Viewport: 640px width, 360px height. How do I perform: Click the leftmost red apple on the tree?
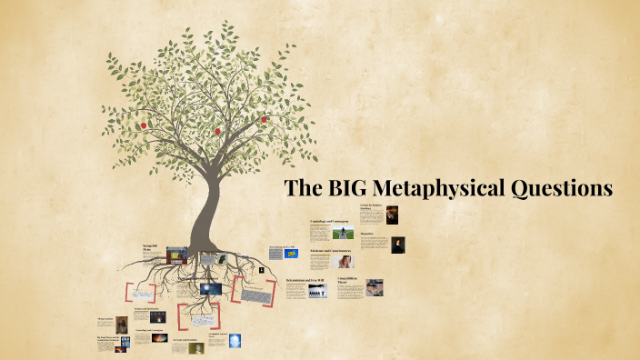144,125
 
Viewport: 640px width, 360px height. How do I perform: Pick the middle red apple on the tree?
218,131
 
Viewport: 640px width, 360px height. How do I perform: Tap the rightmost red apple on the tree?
265,119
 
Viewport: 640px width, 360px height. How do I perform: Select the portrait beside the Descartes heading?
398,245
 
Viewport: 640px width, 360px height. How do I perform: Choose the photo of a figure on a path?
343,233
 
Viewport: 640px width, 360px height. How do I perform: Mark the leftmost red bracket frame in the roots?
140,293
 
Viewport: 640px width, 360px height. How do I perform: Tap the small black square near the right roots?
261,270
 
